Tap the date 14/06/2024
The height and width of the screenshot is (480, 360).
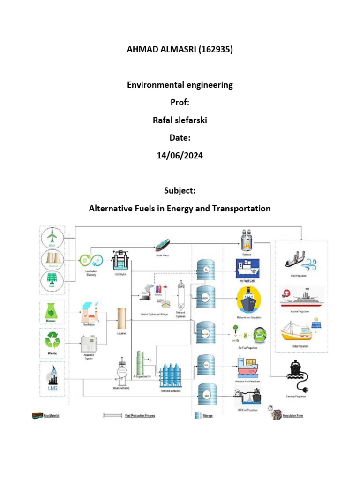tap(180, 156)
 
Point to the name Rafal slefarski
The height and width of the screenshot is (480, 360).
tap(180, 120)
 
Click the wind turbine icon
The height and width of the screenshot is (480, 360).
tap(52, 237)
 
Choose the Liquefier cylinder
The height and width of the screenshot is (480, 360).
tap(122, 318)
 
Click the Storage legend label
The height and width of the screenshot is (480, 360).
tap(208, 415)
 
